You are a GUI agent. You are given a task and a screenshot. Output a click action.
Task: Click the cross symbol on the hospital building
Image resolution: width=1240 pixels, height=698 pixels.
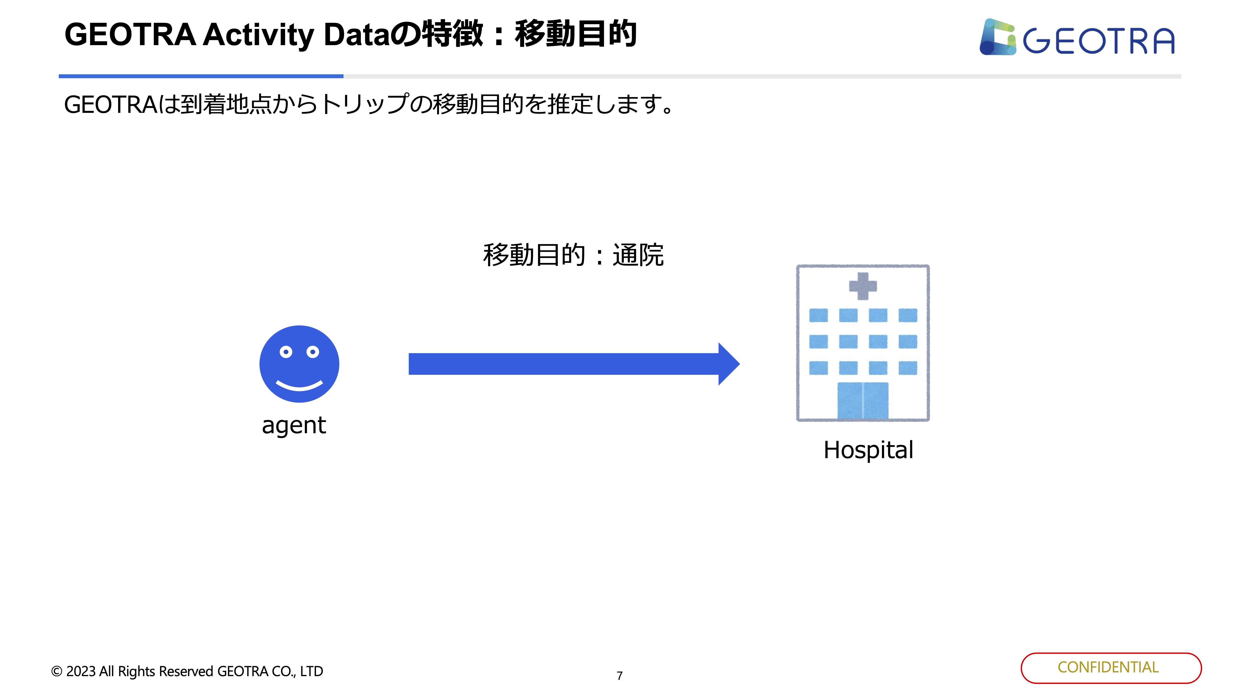tap(863, 286)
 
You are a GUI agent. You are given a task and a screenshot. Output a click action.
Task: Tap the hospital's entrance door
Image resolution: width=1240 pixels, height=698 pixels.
tap(863, 401)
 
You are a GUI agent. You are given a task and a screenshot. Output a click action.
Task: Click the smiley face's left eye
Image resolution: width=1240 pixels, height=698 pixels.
tap(286, 352)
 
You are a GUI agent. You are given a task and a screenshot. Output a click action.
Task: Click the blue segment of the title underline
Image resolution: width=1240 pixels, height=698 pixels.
tap(201, 76)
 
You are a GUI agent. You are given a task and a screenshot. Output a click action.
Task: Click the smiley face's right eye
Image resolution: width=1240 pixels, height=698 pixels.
tap(313, 352)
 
